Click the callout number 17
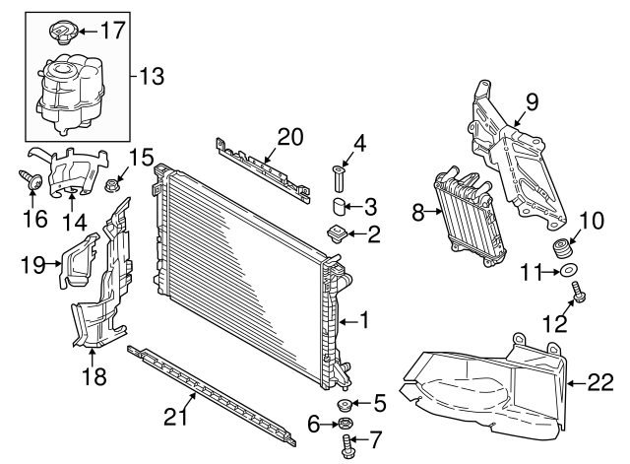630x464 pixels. pos(113,30)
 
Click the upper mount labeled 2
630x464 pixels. pos(338,234)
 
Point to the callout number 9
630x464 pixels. pos(532,101)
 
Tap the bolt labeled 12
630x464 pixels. pos(578,296)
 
